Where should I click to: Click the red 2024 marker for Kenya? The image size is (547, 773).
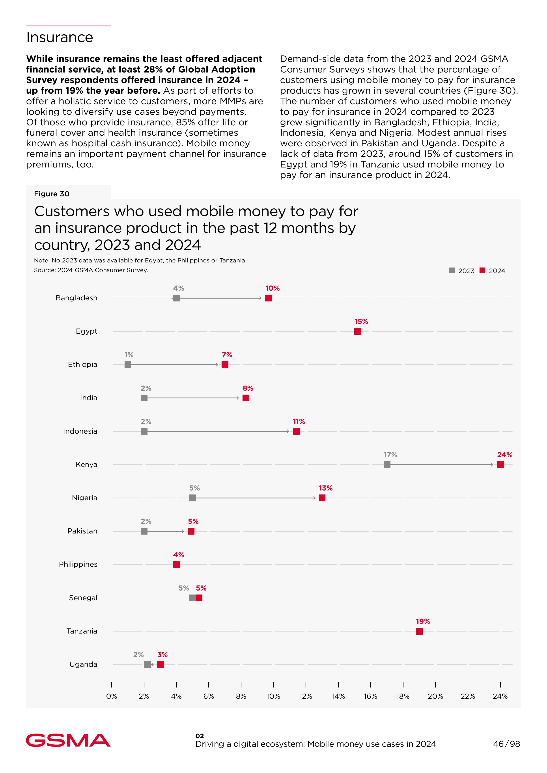(500, 465)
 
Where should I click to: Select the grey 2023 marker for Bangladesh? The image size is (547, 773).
(176, 298)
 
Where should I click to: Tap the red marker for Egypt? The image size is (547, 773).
(358, 331)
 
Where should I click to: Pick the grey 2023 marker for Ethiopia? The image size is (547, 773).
(128, 365)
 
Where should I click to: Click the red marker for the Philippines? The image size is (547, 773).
(176, 564)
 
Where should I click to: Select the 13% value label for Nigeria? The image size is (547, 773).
(325, 488)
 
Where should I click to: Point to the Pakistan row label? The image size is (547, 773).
(82, 531)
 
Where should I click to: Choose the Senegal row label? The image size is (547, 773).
(83, 598)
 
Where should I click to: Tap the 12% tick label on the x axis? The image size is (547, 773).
(306, 696)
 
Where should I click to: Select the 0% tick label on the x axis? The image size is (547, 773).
(112, 696)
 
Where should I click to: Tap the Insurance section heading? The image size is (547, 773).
(60, 37)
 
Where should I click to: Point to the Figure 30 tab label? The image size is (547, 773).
(52, 194)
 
